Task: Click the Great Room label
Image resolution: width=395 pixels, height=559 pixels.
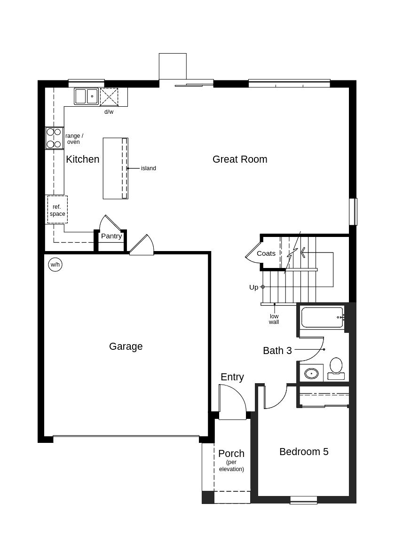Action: [239, 159]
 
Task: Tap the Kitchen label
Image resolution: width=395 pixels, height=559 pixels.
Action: [83, 159]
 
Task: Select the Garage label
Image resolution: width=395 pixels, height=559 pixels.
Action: [126, 346]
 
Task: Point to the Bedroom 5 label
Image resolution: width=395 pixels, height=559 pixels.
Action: [304, 452]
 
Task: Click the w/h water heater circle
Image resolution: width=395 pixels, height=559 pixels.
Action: [55, 265]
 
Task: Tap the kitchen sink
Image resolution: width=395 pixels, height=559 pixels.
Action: [86, 96]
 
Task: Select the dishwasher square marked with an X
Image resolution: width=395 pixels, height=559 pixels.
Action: [109, 96]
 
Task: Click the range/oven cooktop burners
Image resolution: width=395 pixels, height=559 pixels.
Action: [54, 138]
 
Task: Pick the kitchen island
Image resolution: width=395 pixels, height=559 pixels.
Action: [116, 168]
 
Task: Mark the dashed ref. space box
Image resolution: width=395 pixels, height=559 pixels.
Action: [57, 210]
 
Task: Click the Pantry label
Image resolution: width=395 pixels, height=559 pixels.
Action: [111, 236]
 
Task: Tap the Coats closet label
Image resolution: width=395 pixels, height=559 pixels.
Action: [266, 253]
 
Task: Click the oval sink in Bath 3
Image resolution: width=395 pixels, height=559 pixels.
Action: [311, 374]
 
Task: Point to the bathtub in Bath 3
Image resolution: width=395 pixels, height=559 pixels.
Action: [323, 317]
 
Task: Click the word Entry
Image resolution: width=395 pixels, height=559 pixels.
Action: [232, 377]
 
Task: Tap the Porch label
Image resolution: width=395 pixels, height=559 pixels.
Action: [231, 454]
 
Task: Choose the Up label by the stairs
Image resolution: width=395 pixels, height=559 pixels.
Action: [253, 287]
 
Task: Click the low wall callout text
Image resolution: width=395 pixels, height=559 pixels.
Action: [274, 319]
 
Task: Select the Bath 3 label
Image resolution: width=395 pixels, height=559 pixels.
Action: [277, 351]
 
